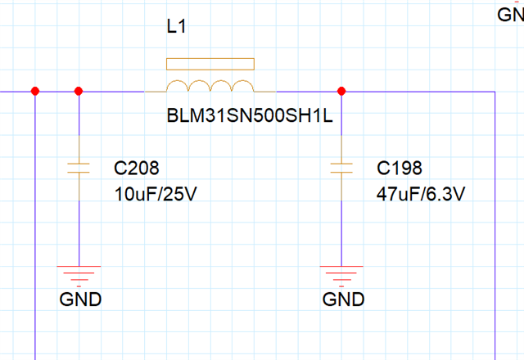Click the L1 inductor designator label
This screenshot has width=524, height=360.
click(x=177, y=28)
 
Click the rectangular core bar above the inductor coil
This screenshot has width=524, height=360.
click(x=210, y=65)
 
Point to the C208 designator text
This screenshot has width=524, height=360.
click(x=136, y=169)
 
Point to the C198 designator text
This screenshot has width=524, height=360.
click(x=400, y=169)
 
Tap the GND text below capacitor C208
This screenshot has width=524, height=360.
click(x=80, y=299)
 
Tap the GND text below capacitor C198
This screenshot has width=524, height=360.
click(x=343, y=299)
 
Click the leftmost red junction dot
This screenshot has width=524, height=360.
click(x=34, y=91)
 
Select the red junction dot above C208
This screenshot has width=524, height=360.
click(x=79, y=91)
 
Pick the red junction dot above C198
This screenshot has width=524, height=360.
click(x=341, y=91)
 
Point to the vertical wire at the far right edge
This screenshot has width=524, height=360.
click(x=496, y=229)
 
